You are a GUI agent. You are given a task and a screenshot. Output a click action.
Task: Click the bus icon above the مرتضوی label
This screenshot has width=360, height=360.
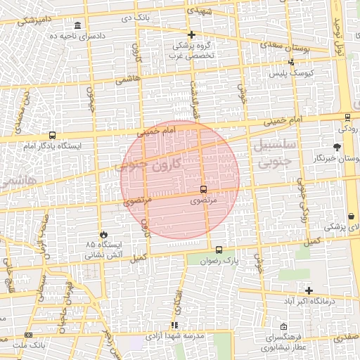pos(203,189)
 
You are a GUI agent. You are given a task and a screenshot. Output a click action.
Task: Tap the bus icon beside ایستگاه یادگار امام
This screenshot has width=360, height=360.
pos(52,136)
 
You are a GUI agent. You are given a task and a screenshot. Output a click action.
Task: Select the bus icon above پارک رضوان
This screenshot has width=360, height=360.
pos(219,250)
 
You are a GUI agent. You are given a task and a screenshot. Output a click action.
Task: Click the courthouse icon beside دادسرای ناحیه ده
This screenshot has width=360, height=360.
pos(76,25)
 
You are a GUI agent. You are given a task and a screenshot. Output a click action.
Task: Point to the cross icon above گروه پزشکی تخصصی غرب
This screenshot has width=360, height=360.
pos(191,34)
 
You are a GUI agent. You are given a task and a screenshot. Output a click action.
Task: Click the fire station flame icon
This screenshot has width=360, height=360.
pos(105,234)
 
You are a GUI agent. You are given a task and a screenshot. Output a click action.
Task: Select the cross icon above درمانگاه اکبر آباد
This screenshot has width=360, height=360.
pos(309,290)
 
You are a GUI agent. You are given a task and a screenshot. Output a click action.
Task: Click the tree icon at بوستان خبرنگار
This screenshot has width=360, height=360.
pos(337,147)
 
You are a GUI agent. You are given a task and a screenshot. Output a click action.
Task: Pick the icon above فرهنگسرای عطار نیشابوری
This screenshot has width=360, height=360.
pos(283,327)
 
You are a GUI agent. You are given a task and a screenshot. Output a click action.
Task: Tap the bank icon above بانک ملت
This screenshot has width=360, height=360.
pos(28,335)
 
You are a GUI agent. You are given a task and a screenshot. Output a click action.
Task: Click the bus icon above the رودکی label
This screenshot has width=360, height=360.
pos(347,117)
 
